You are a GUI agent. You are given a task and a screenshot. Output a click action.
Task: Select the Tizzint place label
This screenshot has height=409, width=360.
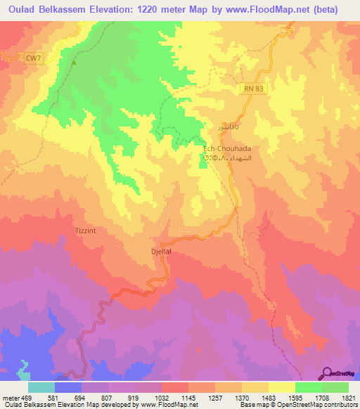[88, 231]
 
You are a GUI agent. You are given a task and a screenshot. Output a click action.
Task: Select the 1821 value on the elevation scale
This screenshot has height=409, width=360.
[349, 398]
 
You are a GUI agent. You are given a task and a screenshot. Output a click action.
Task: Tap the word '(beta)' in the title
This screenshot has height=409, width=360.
[324, 10]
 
